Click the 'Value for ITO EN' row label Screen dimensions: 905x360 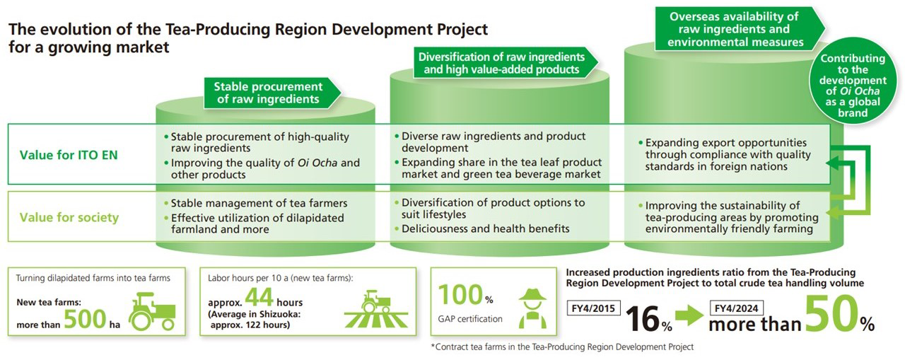point(69,155)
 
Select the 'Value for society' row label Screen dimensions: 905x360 point(69,217)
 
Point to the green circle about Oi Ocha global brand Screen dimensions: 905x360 point(853,81)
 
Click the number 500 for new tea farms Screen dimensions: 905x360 point(85,319)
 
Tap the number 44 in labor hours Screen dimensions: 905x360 point(259,297)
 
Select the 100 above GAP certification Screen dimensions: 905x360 point(460,295)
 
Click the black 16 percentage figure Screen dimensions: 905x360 point(643,319)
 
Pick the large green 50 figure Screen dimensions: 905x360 point(831,313)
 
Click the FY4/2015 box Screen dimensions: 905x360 point(593,308)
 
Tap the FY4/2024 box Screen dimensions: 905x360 point(737,308)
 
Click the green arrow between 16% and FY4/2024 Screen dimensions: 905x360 point(689,315)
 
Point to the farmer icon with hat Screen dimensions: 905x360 point(532,308)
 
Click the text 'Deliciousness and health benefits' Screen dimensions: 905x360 point(485,228)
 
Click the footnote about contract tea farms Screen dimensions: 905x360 point(562,347)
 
